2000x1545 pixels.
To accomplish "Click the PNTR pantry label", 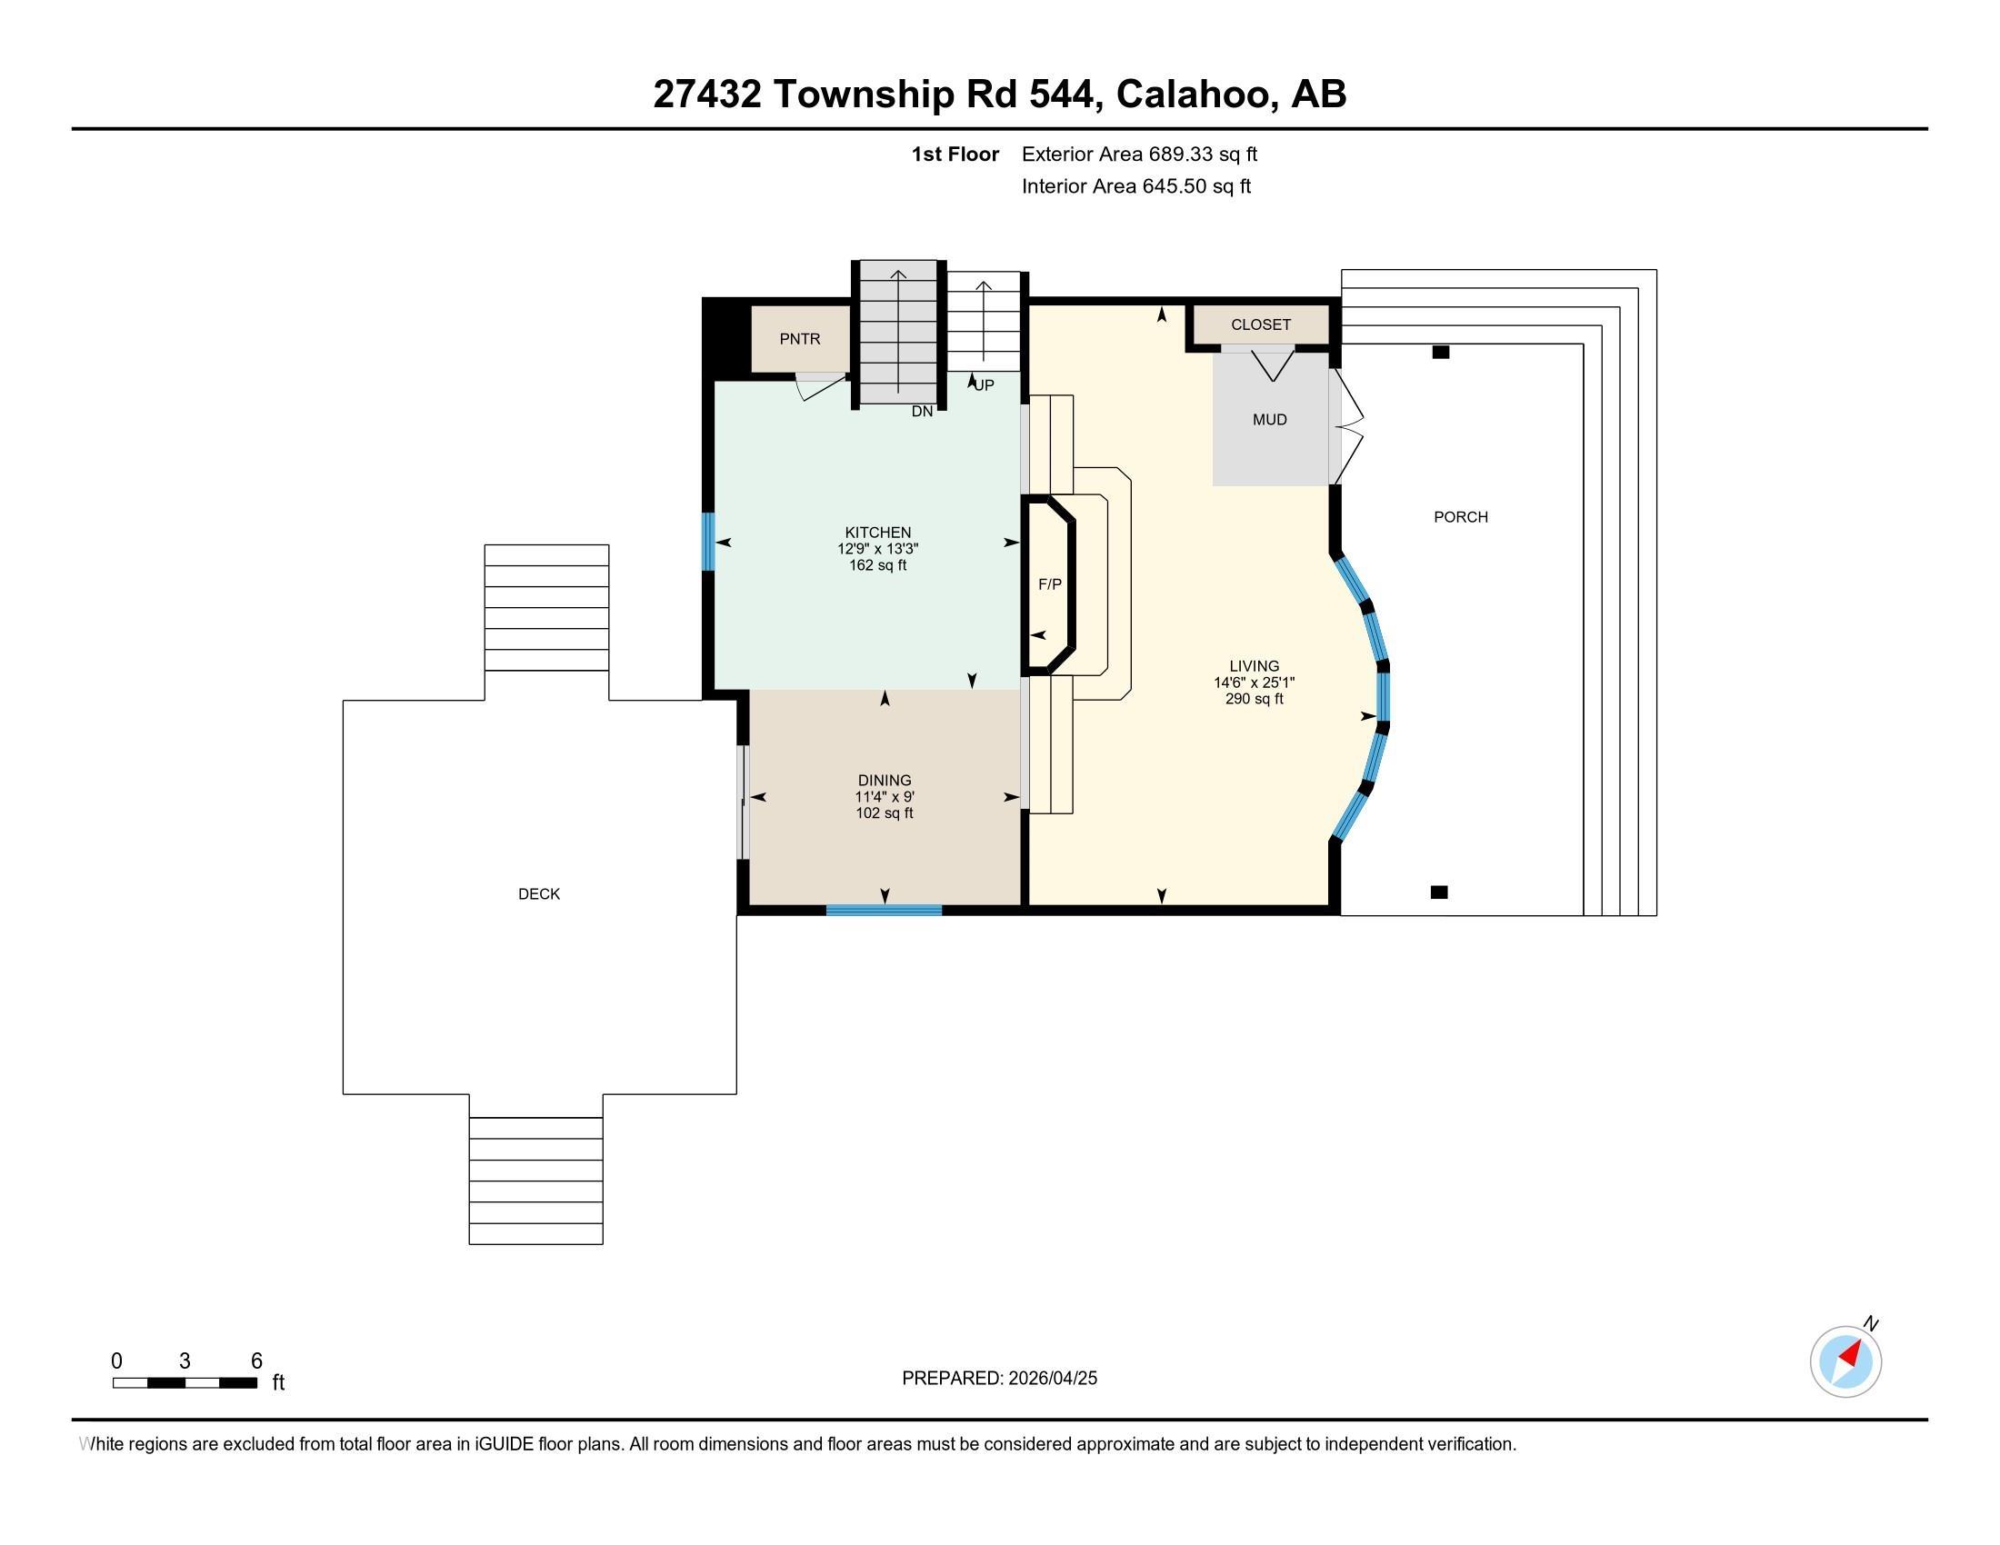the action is [x=799, y=339].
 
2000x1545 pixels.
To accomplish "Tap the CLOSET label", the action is [x=1260, y=325].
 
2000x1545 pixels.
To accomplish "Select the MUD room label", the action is [x=1269, y=420].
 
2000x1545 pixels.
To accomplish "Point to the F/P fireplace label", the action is [x=1049, y=584].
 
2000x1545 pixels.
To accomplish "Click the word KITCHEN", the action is [x=877, y=533].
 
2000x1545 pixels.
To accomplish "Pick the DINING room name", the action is [x=885, y=781].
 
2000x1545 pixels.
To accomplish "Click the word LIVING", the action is [x=1254, y=666].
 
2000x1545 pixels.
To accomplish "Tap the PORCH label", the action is [x=1461, y=517].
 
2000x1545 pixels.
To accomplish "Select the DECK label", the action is [x=538, y=894].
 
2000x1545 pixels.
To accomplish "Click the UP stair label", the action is [x=984, y=385].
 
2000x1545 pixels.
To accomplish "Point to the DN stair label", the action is [x=922, y=412].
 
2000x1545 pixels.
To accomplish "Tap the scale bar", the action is [x=185, y=1383].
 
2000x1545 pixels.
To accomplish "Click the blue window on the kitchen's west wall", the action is [x=708, y=542].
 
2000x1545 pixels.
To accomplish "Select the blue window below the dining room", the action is [x=884, y=910].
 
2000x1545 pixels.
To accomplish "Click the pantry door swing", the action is [x=821, y=387].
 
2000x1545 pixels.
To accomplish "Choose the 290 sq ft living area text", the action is [x=1254, y=699].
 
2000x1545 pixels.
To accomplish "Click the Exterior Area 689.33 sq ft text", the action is [x=1139, y=154].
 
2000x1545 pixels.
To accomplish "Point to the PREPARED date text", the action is [x=999, y=1379].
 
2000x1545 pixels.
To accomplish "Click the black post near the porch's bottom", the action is [x=1440, y=892].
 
